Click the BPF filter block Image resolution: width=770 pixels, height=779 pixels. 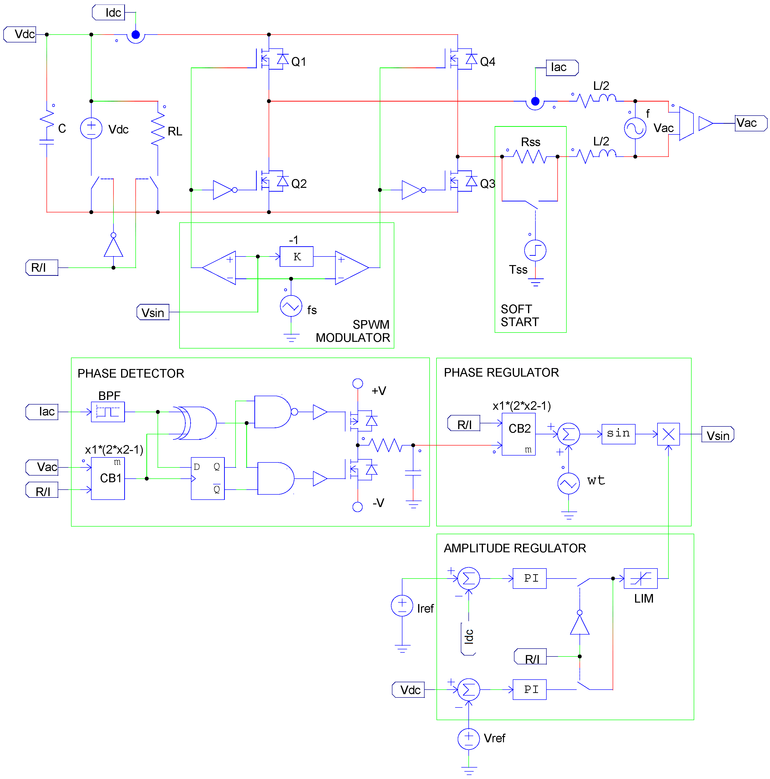(108, 412)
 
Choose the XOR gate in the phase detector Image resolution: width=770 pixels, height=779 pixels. (196, 423)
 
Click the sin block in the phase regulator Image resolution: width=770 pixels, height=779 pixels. (618, 434)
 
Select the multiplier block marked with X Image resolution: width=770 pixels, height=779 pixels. (668, 434)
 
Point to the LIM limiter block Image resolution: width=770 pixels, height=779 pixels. (640, 578)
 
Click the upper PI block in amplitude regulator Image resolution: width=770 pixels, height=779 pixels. (529, 578)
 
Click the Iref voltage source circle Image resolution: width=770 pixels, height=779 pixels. (402, 606)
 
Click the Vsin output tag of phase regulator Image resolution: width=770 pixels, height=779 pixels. (717, 434)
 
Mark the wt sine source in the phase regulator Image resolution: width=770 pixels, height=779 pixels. (568, 483)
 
